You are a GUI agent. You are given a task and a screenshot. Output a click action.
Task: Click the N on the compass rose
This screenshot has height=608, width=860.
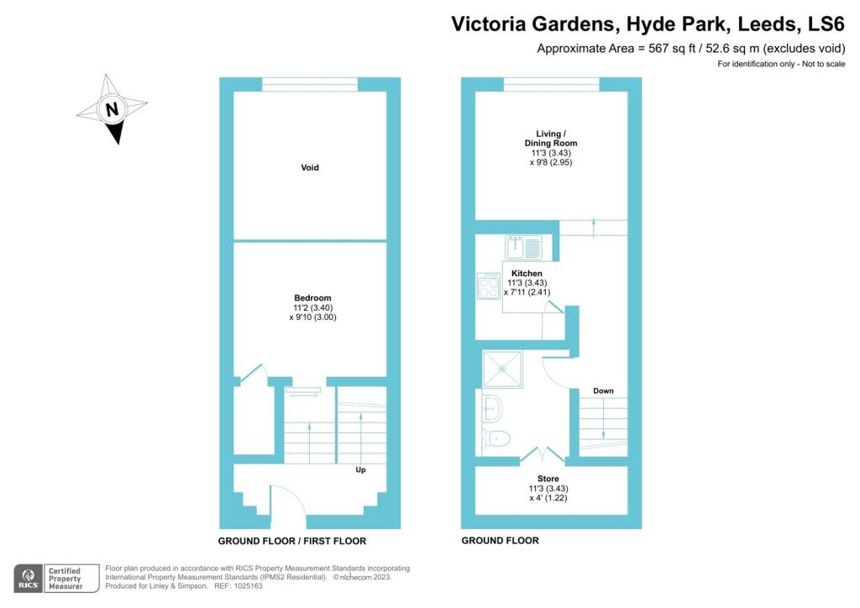coord(112,109)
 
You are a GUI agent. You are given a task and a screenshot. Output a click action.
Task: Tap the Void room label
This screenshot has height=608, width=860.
coord(309,167)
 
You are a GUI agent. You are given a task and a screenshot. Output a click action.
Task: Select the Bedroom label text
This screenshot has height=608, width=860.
coord(312,297)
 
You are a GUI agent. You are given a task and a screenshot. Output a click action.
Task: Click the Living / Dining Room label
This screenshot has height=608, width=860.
coord(551,139)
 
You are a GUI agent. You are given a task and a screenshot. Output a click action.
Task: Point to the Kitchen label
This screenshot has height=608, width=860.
coord(527,273)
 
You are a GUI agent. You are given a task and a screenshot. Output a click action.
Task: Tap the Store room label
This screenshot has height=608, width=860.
coord(548,479)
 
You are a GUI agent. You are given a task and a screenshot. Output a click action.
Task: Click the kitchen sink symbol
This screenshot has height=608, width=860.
coord(524,248)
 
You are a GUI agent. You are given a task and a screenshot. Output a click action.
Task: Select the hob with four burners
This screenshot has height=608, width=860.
coord(488,286)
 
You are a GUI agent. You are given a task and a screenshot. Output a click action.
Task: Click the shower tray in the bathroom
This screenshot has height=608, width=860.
coord(502,369)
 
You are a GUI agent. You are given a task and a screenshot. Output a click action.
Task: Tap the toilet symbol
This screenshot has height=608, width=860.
coord(497,438)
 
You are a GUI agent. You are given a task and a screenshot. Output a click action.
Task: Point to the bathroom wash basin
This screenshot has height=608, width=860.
coord(492,409)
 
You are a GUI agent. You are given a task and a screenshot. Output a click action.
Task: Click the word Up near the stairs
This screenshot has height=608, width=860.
coord(360,469)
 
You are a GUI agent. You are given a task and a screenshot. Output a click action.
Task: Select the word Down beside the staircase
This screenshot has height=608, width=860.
coord(603,390)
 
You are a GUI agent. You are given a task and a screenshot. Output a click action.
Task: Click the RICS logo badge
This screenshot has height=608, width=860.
coord(28,579)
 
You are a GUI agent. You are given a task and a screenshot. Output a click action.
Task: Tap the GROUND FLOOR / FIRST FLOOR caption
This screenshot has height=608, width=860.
coord(291,541)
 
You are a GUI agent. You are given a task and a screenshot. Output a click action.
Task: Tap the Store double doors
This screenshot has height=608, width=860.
coord(542,455)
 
